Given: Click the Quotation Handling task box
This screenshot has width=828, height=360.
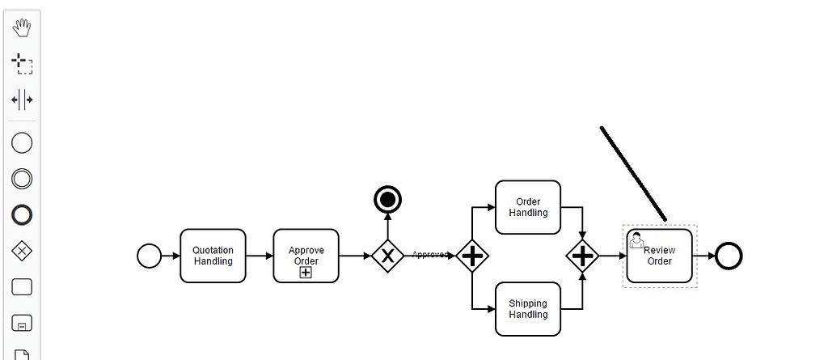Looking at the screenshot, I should [213, 256].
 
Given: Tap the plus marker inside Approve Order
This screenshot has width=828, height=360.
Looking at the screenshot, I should [306, 273].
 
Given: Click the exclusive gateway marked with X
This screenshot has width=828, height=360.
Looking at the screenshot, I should [387, 256].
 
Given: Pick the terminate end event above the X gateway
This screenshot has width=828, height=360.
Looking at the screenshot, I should [387, 199].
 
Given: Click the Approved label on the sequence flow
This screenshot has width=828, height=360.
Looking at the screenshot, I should [429, 255].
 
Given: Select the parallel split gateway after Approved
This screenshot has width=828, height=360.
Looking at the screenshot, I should [472, 256].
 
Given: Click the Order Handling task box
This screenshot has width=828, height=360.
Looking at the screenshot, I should [528, 207].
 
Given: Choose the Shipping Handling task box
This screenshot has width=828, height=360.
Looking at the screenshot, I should [528, 309].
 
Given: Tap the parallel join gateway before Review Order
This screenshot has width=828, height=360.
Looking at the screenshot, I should [582, 256].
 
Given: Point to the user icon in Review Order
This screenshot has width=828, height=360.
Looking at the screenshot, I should [636, 239].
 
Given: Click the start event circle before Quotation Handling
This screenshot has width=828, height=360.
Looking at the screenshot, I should [150, 256].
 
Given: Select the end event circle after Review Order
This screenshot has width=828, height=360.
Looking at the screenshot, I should [729, 256].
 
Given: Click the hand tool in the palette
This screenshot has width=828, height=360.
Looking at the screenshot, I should [22, 28].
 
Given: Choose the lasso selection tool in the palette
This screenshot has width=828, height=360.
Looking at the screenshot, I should [22, 63].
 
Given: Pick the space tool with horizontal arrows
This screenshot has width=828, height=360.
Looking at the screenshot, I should [22, 100].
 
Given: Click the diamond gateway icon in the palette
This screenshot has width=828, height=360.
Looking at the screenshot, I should [22, 251].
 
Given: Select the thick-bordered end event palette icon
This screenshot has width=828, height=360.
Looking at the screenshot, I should [22, 214].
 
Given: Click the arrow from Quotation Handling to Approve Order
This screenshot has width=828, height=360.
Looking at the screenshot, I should [259, 256].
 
